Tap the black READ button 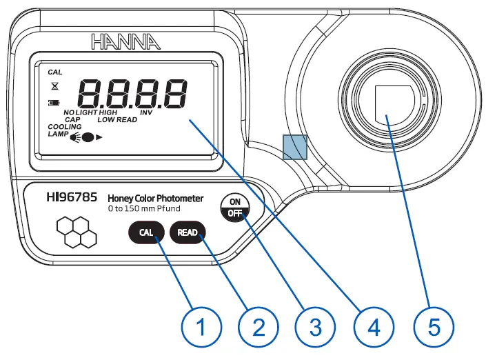point(188,232)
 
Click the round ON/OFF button point(234,207)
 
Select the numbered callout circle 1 point(201,326)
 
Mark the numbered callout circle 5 point(434,326)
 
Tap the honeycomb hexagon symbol point(76,233)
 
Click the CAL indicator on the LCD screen point(54,72)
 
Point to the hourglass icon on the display point(54,88)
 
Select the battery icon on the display point(54,103)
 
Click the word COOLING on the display point(64,127)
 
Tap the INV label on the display point(146,112)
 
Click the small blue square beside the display point(294,146)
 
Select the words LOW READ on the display point(117,120)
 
